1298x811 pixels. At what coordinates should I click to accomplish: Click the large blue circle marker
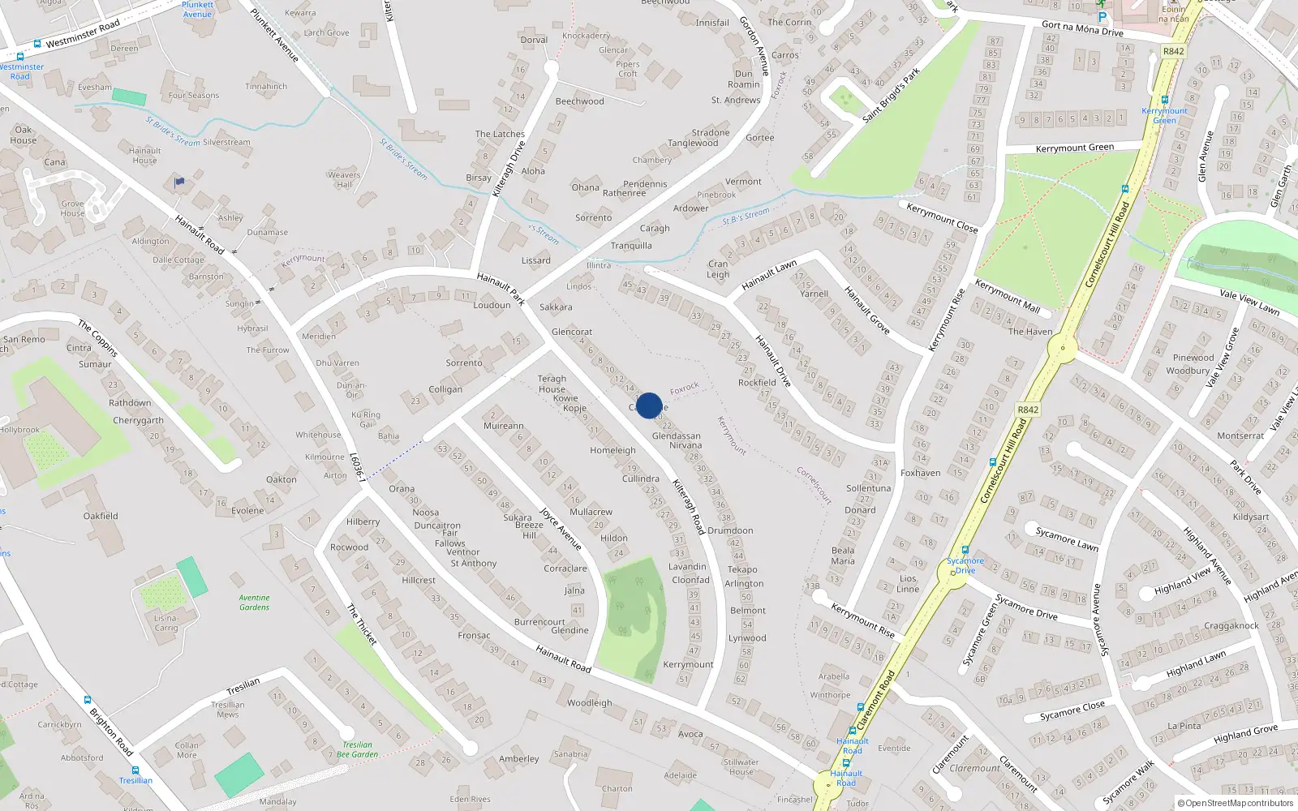point(648,405)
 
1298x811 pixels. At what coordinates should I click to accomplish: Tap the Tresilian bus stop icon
point(135,770)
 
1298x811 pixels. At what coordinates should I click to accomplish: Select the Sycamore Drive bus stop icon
point(965,550)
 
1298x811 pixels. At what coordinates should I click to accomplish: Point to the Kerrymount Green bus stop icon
point(1165,100)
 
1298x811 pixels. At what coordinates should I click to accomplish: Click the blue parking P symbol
point(1102,17)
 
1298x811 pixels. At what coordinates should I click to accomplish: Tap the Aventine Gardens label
point(254,603)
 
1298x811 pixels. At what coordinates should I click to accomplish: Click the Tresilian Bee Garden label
point(357,749)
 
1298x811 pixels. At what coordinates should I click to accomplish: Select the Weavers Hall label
point(344,179)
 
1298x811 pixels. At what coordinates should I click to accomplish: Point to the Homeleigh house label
point(612,450)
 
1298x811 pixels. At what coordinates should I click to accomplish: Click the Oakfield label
point(101,516)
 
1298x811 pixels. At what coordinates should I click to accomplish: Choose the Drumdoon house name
point(730,530)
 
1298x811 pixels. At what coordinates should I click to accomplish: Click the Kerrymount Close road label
point(942,218)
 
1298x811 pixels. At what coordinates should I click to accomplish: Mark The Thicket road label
point(362,624)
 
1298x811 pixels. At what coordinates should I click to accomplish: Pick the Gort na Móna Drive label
point(1082,28)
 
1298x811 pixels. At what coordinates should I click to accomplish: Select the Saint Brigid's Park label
point(891,95)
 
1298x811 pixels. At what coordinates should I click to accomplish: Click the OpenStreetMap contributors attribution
point(1236,803)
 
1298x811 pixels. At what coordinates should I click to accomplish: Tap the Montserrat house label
point(1240,436)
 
